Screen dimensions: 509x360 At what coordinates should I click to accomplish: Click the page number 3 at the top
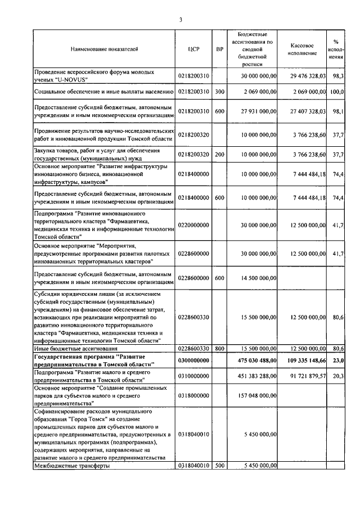[181, 21]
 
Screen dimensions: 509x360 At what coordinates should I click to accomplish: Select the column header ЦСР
[193, 49]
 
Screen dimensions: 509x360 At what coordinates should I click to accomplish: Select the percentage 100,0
[337, 91]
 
